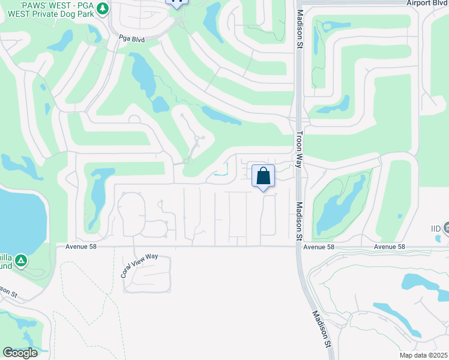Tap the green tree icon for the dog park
[x=102, y=8]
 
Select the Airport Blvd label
[x=427, y=4]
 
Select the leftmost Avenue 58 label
[x=76, y=247]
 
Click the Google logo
[x=20, y=353]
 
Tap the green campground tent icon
[x=21, y=260]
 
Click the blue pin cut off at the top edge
[x=178, y=2]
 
